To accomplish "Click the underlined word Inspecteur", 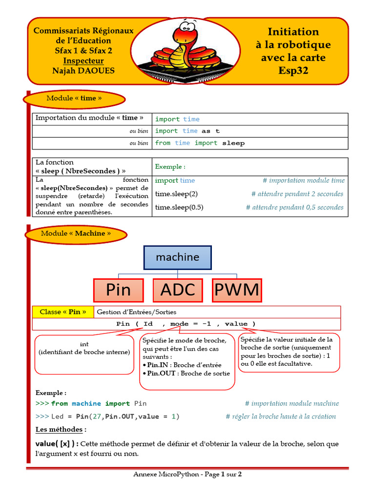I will click(83, 61).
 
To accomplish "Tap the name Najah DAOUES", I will click(83, 71).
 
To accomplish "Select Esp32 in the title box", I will click(293, 71).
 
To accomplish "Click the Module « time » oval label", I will click(74, 98).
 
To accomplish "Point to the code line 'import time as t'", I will click(187, 131).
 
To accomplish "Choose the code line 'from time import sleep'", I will click(200, 143).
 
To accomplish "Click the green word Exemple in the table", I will click(170, 167).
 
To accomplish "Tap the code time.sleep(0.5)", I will click(179, 207).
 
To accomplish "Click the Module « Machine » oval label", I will click(76, 233).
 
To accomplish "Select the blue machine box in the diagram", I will click(177, 257).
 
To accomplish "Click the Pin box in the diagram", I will click(118, 290).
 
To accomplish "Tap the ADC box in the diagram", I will click(177, 290).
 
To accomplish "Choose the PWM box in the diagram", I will click(237, 290).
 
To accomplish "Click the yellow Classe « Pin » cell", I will click(62, 312).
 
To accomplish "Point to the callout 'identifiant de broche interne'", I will click(84, 352).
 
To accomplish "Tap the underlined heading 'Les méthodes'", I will click(61, 430).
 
